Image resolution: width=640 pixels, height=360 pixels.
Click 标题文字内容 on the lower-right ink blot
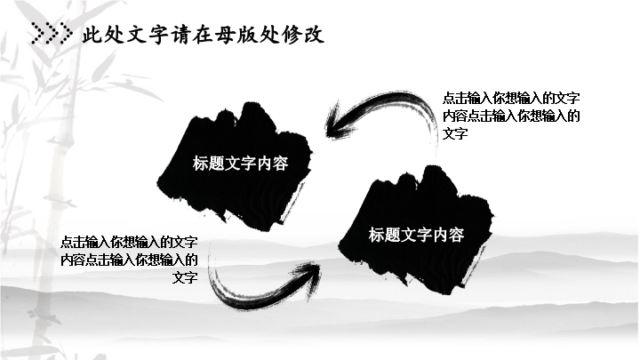416,235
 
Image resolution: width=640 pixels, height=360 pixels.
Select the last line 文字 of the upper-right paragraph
455,133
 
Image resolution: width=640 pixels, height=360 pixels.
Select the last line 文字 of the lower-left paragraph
185,277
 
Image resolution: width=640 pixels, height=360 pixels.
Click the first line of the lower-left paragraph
129,242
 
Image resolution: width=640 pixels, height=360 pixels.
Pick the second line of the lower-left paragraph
129,260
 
